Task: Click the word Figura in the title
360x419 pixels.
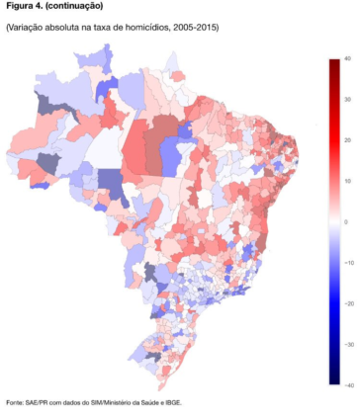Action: pyautogui.click(x=20, y=6)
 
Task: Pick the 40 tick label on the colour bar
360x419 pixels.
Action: pyautogui.click(x=348, y=59)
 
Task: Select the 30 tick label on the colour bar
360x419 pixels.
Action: pyautogui.click(x=348, y=100)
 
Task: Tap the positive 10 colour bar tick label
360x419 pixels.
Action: pyautogui.click(x=348, y=181)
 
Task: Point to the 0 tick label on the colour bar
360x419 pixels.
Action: pyautogui.click(x=346, y=221)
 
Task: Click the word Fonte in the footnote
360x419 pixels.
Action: pyautogui.click(x=15, y=402)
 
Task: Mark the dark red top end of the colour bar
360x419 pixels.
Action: pyautogui.click(x=333, y=63)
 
